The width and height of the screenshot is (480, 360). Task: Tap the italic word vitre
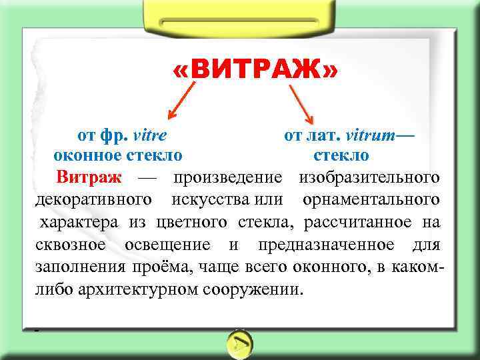pyautogui.click(x=150, y=135)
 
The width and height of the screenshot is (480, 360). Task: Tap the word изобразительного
pyautogui.click(x=369, y=177)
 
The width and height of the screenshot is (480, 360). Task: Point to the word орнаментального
pyautogui.click(x=371, y=199)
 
